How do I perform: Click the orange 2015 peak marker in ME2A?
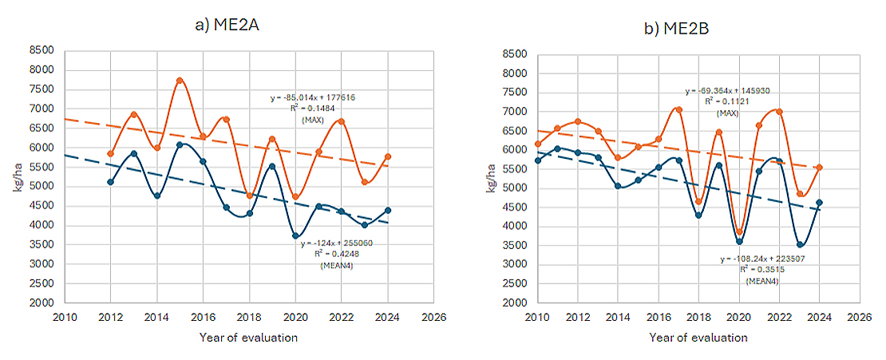pos(180,81)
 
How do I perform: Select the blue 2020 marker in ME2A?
pos(296,236)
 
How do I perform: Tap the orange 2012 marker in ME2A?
pos(110,153)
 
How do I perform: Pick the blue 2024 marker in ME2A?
pos(388,211)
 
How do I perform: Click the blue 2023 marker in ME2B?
pos(800,244)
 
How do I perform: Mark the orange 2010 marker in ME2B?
pos(538,144)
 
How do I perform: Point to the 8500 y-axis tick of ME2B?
pos(514,54)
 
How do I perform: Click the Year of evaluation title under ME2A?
pos(248,338)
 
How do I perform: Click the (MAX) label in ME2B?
pos(727,113)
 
